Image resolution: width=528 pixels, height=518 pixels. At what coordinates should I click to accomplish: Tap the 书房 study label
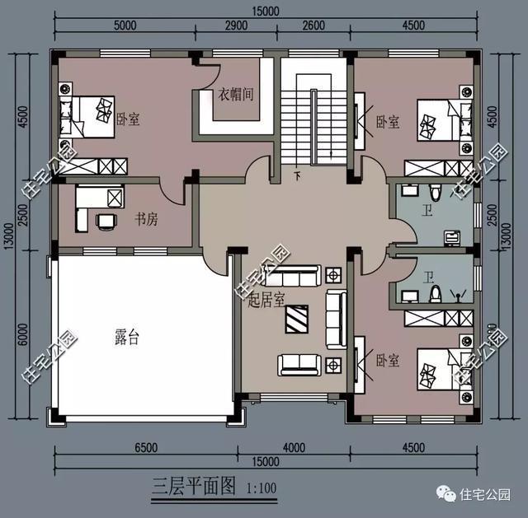pyautogui.click(x=147, y=219)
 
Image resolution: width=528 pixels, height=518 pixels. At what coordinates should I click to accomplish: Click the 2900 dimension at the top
pyautogui.click(x=236, y=26)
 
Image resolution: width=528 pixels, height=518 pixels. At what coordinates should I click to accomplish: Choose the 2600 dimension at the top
pyautogui.click(x=313, y=26)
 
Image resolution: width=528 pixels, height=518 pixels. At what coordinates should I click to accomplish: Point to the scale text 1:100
pyautogui.click(x=261, y=487)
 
